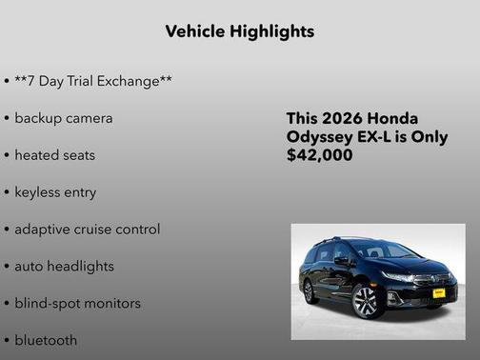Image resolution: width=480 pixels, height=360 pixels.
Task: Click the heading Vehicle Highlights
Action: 239,31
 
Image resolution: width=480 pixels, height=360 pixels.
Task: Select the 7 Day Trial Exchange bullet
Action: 92,81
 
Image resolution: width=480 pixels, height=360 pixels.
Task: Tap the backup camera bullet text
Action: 63,118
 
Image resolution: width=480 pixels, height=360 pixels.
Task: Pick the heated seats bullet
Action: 54,155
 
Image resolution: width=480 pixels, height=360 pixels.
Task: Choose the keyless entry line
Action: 55,192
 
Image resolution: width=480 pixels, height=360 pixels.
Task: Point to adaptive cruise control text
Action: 87,230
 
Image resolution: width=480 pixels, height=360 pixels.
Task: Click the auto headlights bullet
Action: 64,267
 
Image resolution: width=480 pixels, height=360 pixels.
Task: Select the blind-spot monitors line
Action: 77,304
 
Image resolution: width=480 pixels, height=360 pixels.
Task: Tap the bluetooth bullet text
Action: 46,340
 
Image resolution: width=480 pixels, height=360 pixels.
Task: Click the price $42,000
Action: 319,155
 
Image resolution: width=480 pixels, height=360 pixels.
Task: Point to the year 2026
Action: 342,119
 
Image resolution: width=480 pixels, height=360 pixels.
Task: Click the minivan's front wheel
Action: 366,301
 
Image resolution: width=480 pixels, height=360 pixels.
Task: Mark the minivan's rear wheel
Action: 310,290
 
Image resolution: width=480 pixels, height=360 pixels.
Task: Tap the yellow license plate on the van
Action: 438,293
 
